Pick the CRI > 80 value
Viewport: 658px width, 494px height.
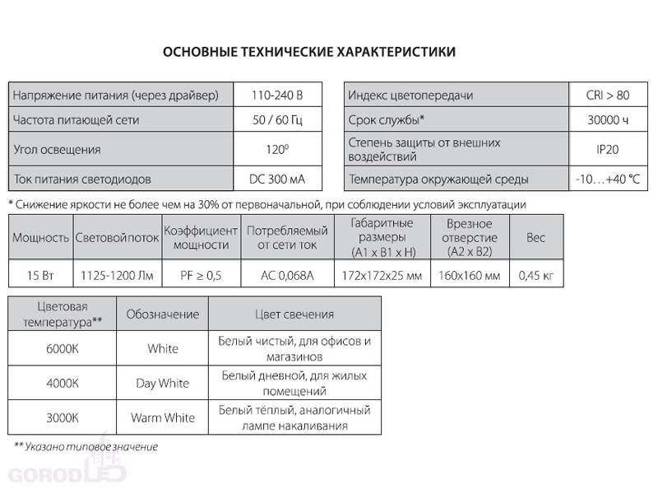point(609,96)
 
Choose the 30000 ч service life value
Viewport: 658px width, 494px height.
point(609,120)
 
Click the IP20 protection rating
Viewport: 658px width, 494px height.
point(609,149)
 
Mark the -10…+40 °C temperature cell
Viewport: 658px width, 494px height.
point(609,179)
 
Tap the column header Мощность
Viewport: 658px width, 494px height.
point(39,237)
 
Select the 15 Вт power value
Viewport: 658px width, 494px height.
point(39,273)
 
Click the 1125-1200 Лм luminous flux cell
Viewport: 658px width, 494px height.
point(115,273)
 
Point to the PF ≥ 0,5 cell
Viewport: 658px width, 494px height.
point(202,273)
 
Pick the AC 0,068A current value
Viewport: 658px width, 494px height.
point(287,273)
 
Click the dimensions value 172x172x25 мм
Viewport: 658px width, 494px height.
point(381,273)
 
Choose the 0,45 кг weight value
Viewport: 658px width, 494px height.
point(536,273)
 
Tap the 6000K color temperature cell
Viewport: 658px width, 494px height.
point(63,348)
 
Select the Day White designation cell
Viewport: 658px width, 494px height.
point(162,383)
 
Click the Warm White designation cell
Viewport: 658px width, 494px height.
point(162,417)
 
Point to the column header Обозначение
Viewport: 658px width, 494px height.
point(162,315)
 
